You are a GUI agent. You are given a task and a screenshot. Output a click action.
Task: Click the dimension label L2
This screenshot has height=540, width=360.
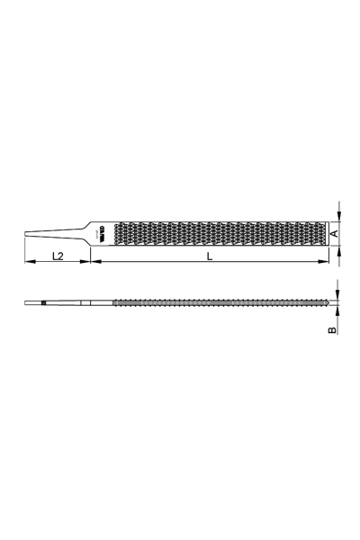[56, 256]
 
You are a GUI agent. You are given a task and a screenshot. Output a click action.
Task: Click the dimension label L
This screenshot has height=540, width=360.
[209, 256]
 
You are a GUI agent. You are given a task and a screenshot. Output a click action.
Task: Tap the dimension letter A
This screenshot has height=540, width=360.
[334, 233]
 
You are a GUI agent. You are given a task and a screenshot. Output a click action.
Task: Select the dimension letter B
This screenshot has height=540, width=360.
[333, 330]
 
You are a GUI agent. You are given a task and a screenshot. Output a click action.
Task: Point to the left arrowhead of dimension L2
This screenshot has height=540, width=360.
[26, 263]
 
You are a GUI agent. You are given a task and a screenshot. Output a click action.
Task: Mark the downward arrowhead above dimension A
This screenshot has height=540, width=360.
[338, 216]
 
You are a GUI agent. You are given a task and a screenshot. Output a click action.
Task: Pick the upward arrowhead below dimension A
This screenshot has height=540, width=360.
[338, 249]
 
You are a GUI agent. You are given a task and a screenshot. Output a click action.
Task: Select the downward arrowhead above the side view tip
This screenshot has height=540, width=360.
[338, 295]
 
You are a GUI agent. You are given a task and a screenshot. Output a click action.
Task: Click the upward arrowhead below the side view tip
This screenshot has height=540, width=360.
[338, 311]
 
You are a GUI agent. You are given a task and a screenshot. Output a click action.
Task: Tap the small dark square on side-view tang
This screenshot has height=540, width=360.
[42, 303]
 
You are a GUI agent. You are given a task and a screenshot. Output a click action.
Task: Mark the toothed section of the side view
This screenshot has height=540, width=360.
[216, 303]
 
